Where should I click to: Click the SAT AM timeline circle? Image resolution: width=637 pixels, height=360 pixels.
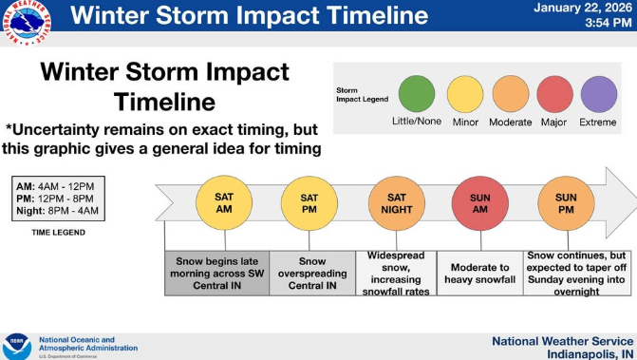(x=216, y=202)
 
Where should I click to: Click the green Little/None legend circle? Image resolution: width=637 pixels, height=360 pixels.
(x=416, y=95)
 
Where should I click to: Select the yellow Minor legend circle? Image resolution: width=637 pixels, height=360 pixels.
(x=465, y=95)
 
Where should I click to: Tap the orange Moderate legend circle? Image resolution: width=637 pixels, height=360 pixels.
(x=511, y=95)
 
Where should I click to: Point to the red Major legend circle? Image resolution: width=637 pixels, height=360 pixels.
(x=555, y=95)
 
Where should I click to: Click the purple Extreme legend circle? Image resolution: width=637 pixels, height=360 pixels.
(x=599, y=95)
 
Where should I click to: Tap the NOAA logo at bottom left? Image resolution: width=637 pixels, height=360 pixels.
(x=16, y=344)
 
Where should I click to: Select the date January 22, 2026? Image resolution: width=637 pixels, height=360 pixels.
(x=582, y=9)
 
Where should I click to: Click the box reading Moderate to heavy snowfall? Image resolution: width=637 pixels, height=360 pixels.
(x=479, y=274)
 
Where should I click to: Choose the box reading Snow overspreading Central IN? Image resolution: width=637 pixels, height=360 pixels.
(x=312, y=274)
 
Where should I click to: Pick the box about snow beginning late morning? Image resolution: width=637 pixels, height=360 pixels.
(x=217, y=274)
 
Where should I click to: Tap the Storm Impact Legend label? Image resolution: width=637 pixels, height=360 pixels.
(x=363, y=96)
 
